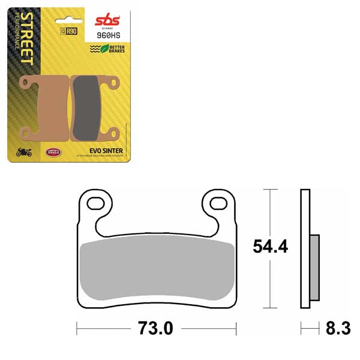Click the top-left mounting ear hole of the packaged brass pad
tap(25, 80)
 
